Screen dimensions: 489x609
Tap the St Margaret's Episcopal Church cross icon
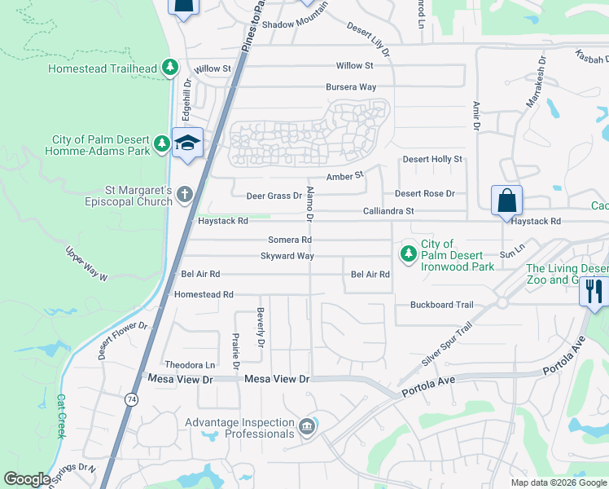coord(185,194)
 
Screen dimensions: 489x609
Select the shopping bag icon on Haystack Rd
coord(506,200)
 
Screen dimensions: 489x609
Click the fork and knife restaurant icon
coord(594,290)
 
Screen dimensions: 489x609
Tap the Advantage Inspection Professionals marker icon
coord(306,427)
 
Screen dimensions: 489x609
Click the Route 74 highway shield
coord(131,399)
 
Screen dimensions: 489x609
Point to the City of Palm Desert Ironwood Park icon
coord(407,255)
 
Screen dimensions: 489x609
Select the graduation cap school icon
coord(187,143)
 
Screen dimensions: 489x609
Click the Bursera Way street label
coord(351,86)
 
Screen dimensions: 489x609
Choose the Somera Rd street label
coord(291,240)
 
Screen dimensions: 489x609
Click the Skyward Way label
coord(287,256)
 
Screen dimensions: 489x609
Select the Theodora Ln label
coord(190,364)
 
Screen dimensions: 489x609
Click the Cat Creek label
coord(61,416)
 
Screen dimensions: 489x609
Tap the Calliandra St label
coord(388,210)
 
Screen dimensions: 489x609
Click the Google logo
coord(28,479)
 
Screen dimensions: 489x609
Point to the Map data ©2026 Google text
coord(558,482)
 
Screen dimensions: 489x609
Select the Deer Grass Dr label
coord(274,196)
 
